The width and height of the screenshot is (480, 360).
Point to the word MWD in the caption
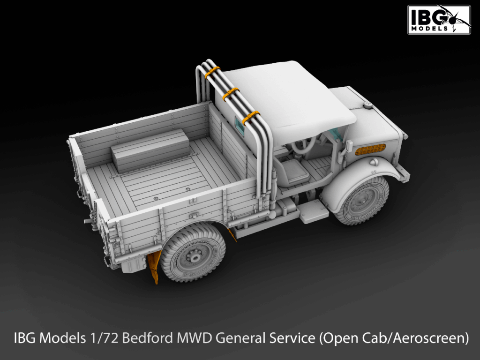(193, 338)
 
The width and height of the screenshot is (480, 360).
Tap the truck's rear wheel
(193, 253)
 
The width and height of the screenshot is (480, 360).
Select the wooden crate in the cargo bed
(150, 150)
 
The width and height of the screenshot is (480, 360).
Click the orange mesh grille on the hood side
(370, 150)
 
